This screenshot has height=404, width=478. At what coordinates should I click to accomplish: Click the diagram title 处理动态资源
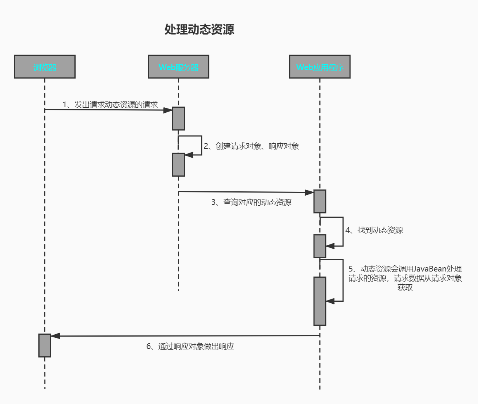[199, 29]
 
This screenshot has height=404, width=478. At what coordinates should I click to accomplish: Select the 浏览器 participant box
[45, 67]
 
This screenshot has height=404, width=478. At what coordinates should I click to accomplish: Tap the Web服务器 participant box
[178, 67]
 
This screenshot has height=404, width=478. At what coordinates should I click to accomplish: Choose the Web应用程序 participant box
[319, 67]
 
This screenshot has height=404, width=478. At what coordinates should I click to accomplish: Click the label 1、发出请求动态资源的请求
[110, 105]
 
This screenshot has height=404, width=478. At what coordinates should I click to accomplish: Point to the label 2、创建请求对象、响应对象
[251, 146]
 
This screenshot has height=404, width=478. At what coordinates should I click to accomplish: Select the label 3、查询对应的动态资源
[251, 202]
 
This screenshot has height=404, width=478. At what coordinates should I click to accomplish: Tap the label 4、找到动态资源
[374, 230]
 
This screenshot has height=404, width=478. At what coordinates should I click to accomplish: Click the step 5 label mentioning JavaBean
[405, 273]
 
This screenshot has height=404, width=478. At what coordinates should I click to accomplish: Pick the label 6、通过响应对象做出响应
[190, 346]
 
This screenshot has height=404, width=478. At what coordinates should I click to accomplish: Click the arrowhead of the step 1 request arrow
[168, 110]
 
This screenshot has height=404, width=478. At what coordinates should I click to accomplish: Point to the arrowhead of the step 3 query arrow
[309, 193]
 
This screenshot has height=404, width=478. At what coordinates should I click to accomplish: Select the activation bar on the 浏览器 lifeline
[45, 345]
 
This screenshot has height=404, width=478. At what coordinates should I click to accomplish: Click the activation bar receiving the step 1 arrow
[178, 119]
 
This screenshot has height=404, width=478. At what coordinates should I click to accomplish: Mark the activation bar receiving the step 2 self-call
[178, 165]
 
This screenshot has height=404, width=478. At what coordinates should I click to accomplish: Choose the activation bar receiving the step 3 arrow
[319, 201]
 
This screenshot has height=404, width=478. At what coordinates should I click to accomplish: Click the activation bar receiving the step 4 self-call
[319, 246]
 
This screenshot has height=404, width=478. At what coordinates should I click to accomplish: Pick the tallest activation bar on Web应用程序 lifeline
[319, 301]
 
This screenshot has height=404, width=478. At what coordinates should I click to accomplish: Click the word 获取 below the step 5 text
[405, 288]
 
